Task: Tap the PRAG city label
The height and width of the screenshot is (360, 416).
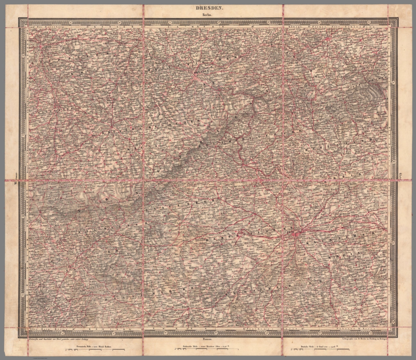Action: tap(290, 232)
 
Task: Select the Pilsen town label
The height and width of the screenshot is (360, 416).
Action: tap(185, 307)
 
